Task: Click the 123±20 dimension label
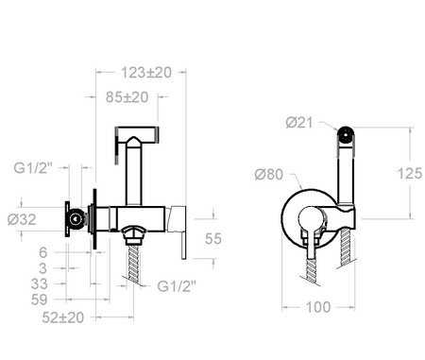[x=146, y=73]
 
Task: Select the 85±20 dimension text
[x=127, y=97]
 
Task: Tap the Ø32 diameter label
[x=22, y=219]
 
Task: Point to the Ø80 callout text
[x=269, y=174]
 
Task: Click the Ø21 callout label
[x=299, y=123]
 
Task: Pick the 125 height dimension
[x=410, y=174]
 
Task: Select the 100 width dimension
[x=318, y=307]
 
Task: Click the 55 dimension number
[x=213, y=239]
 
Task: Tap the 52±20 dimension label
[x=63, y=317]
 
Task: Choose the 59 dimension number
[x=39, y=300]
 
